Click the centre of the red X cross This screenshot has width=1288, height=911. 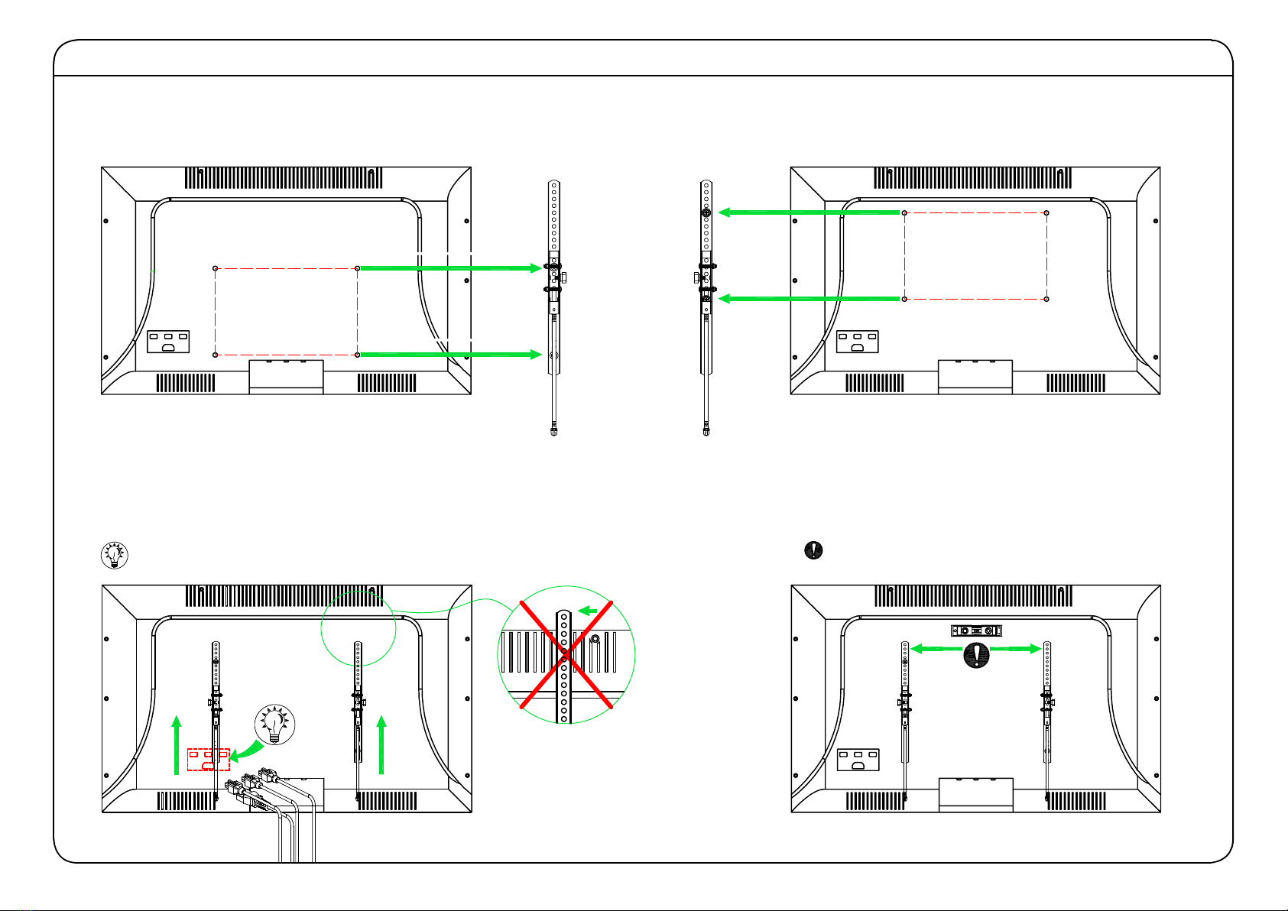click(566, 656)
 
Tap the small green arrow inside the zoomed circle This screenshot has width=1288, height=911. click(588, 611)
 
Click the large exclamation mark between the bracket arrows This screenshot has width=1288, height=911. click(976, 655)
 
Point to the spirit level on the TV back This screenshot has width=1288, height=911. click(976, 631)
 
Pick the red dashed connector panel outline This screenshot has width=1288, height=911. click(208, 759)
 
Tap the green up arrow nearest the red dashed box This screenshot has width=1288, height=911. click(177, 744)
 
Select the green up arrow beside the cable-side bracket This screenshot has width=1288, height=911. click(382, 744)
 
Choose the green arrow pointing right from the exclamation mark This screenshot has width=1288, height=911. click(1017, 649)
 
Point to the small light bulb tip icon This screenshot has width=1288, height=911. click(115, 556)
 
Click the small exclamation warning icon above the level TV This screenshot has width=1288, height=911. click(815, 550)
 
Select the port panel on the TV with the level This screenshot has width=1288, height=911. click(858, 759)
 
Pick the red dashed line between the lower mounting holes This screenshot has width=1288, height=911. click(287, 355)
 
